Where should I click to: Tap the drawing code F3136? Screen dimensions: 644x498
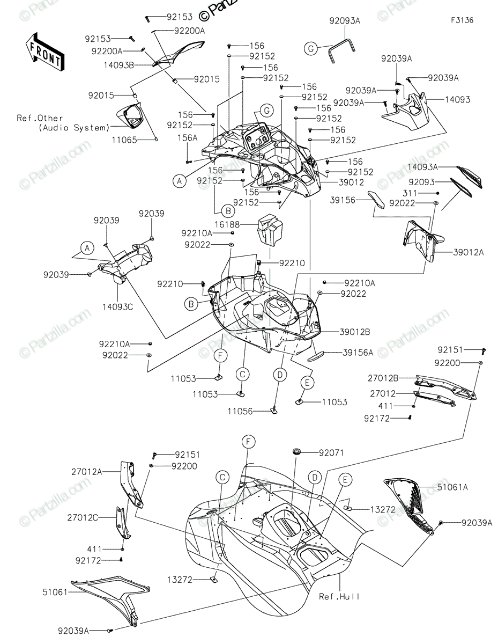click(462, 20)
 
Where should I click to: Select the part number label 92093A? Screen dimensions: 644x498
click(345, 21)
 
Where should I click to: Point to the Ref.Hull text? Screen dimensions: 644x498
click(338, 596)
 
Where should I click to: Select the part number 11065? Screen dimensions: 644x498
click(125, 140)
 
